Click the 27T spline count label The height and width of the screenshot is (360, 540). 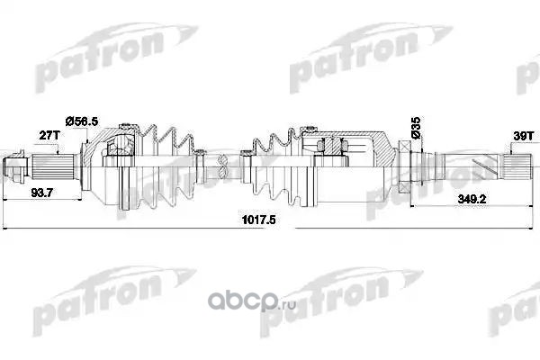(49, 135)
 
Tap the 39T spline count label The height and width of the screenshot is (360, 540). (524, 136)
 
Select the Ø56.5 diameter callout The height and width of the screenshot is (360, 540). (82, 121)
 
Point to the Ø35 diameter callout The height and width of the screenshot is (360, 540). (416, 127)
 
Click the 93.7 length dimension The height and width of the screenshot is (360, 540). (41, 193)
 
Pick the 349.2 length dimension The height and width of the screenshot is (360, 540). (472, 199)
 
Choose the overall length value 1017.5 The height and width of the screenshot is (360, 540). (259, 220)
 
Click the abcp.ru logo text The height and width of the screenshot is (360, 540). (252, 301)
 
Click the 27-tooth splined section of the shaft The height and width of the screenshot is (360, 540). (54, 166)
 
